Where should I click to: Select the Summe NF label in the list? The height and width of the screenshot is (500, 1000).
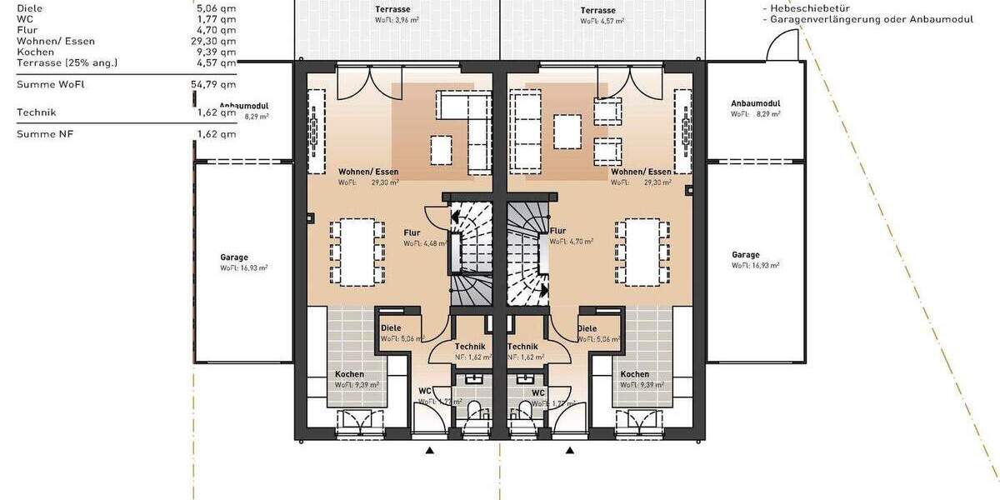(x=45, y=133)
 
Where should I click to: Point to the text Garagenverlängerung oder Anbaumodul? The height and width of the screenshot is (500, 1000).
(x=871, y=18)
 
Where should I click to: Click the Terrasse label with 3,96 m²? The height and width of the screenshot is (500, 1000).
(x=395, y=11)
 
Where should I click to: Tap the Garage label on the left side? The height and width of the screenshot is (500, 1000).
(x=234, y=257)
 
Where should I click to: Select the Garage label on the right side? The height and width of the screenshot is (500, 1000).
(x=745, y=255)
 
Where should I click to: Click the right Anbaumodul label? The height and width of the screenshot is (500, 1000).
(x=755, y=103)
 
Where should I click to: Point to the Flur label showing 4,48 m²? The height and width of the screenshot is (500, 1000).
(x=412, y=233)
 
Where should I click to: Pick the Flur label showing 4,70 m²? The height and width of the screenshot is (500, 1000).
(x=558, y=231)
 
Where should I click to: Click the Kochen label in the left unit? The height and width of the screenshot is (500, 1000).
(x=349, y=374)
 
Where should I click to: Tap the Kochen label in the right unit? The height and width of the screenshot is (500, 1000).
(x=634, y=374)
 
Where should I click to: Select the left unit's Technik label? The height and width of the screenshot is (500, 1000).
(x=470, y=346)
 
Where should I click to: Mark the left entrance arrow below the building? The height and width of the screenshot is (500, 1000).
(x=430, y=451)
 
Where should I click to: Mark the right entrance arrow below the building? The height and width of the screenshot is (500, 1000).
(x=571, y=451)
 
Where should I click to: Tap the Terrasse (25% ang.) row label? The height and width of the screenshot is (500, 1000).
(x=67, y=62)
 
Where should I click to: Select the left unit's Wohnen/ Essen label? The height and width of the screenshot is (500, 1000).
(x=362, y=171)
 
